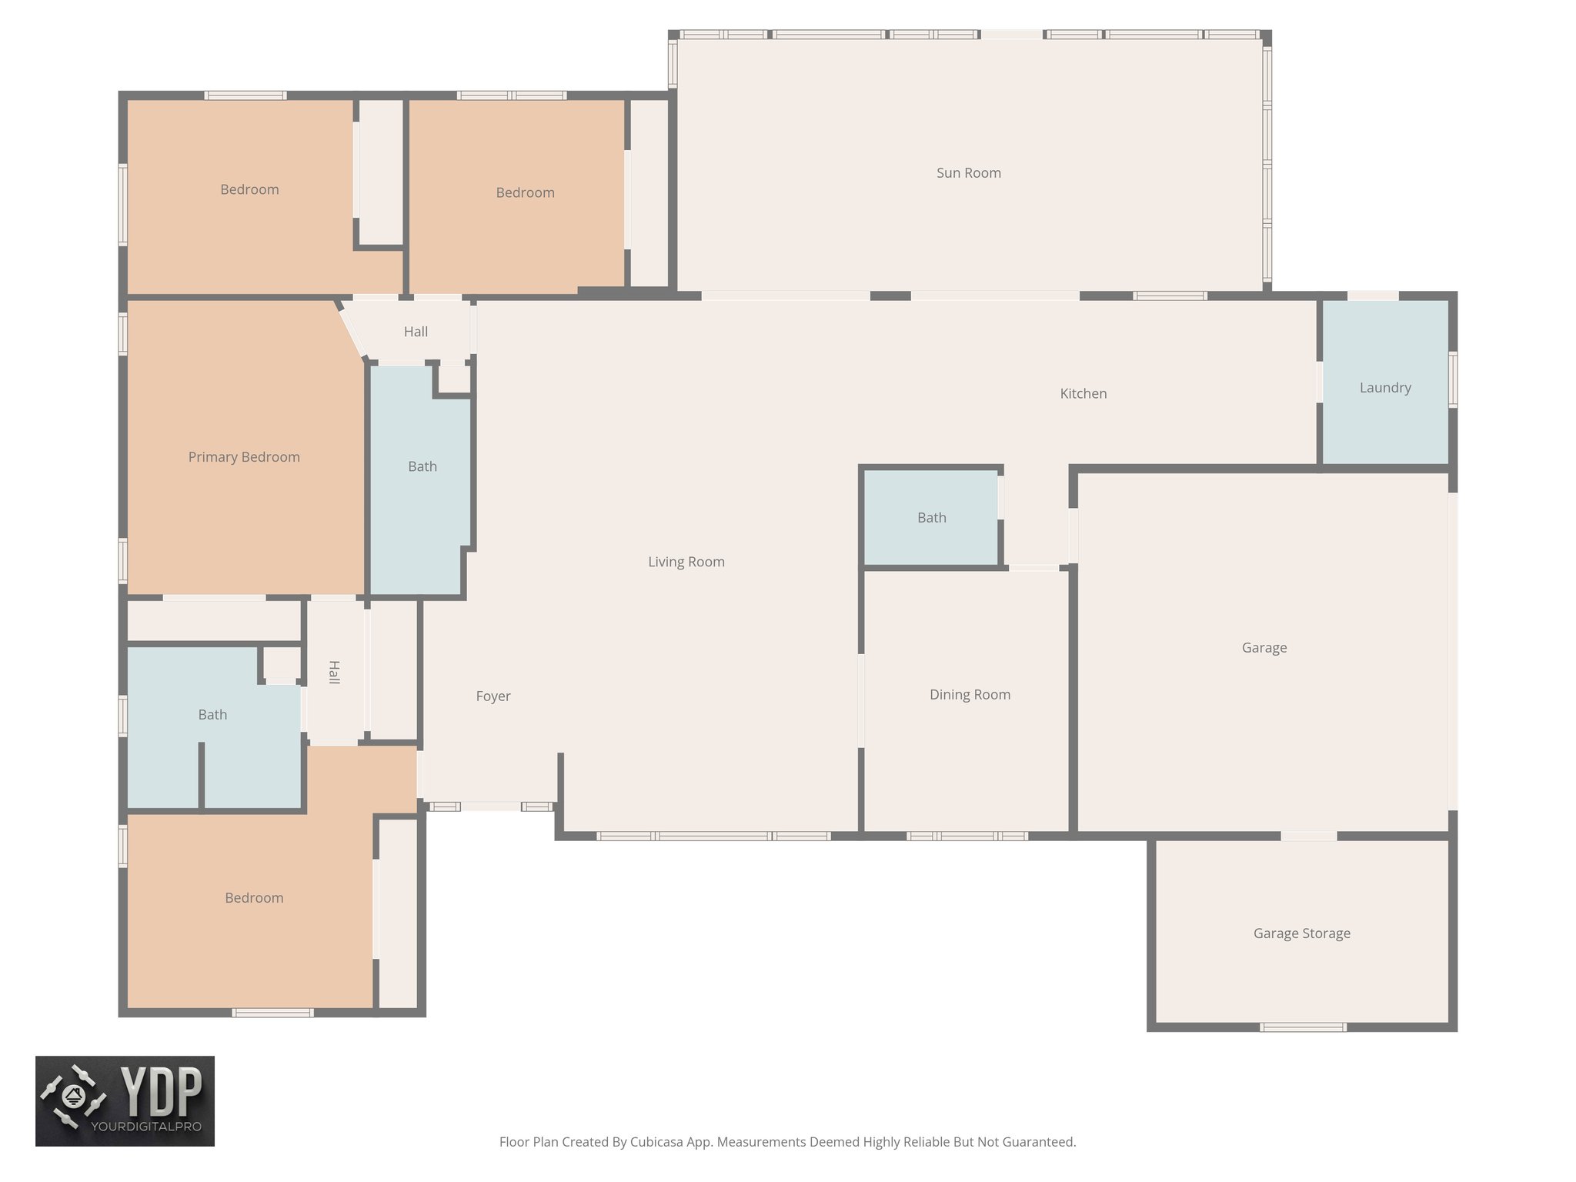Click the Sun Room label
(968, 173)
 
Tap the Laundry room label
(1384, 388)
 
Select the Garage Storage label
(1301, 933)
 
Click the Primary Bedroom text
(244, 457)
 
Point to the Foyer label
(492, 696)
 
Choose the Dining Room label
(970, 695)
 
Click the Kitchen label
(1083, 394)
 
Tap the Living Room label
(686, 562)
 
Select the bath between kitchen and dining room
(931, 518)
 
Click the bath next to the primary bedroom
(422, 466)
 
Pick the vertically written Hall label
(334, 672)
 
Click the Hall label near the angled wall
(416, 332)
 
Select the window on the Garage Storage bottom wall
(1302, 1027)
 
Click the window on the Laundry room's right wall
(1453, 379)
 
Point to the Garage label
(1264, 648)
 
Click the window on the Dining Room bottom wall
(967, 836)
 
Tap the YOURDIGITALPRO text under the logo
(146, 1127)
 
